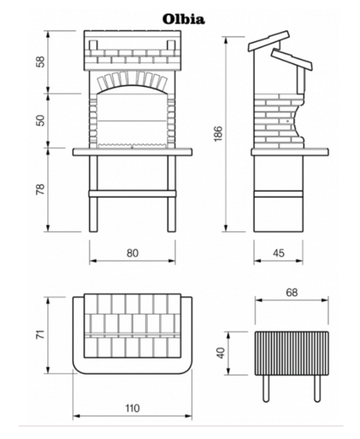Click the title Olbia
click(x=184, y=19)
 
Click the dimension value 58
click(x=41, y=62)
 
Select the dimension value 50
click(x=41, y=120)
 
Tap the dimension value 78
click(x=41, y=189)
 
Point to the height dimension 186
click(x=218, y=134)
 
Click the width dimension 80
click(x=133, y=253)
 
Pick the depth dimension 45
click(x=278, y=253)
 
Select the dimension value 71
click(x=41, y=335)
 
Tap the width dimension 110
click(x=132, y=408)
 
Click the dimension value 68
click(x=292, y=292)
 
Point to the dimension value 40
click(x=221, y=353)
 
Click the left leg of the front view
click(x=93, y=194)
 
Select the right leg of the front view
click(x=171, y=194)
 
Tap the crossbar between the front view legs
click(x=133, y=194)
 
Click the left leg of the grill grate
click(x=266, y=389)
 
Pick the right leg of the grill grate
click(x=317, y=389)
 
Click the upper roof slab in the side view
click(x=269, y=41)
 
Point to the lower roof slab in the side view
click(x=292, y=60)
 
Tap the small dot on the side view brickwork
click(x=288, y=121)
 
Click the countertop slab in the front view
click(x=133, y=151)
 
